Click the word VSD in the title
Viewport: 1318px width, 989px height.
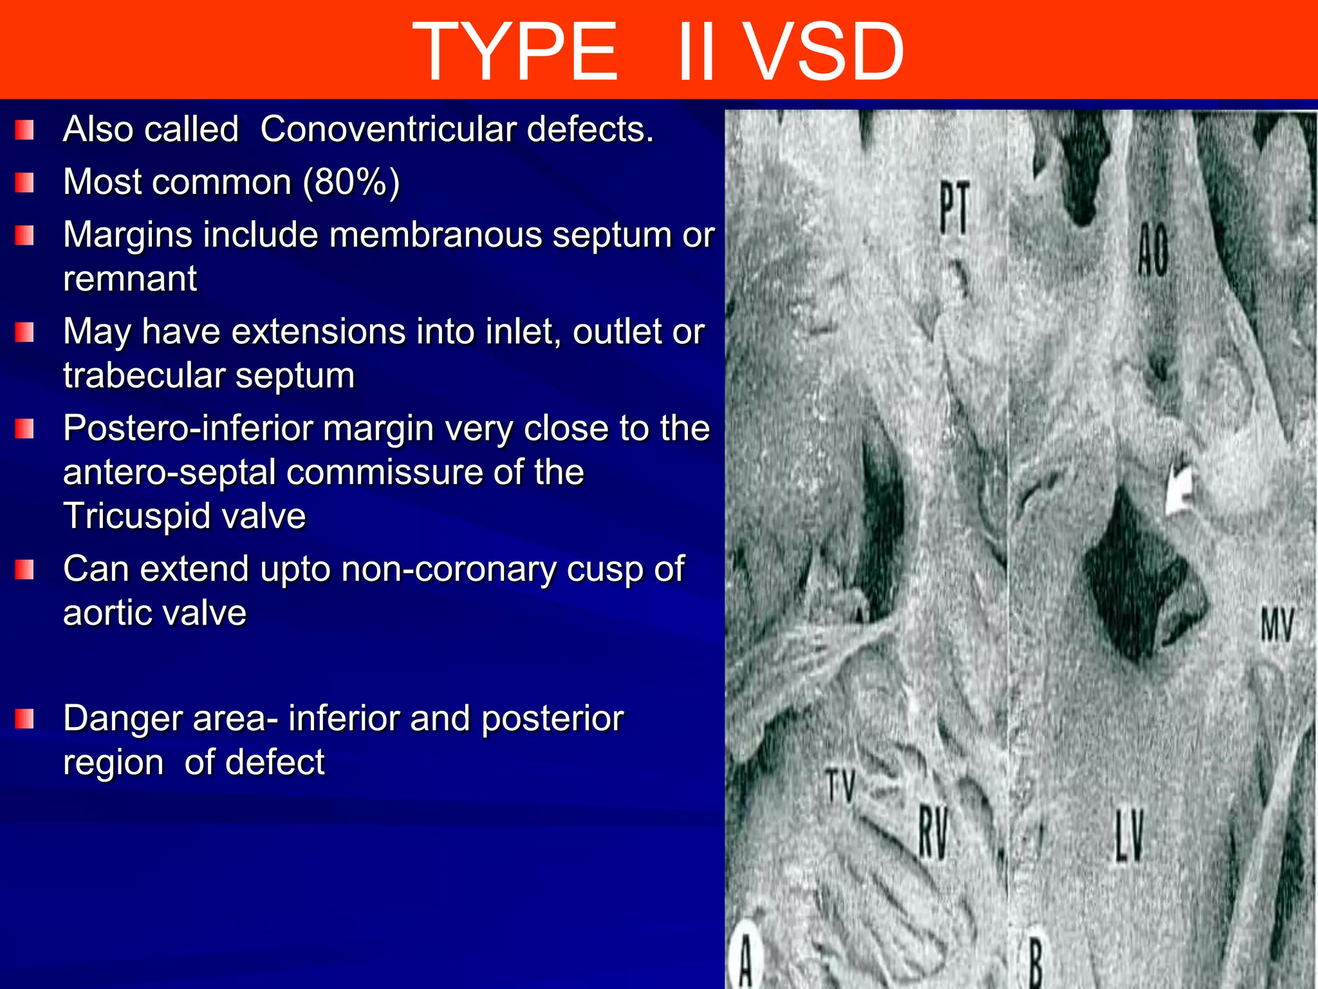[x=826, y=52]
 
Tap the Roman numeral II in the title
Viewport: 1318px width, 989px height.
[x=697, y=52]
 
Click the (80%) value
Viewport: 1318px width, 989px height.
[x=351, y=182]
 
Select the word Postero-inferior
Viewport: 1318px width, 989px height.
[x=188, y=428]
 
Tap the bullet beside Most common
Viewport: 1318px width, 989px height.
[x=24, y=183]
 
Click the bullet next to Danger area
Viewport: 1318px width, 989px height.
[x=24, y=719]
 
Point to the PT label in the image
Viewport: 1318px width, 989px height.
[x=954, y=207]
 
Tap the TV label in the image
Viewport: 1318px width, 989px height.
[x=840, y=786]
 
